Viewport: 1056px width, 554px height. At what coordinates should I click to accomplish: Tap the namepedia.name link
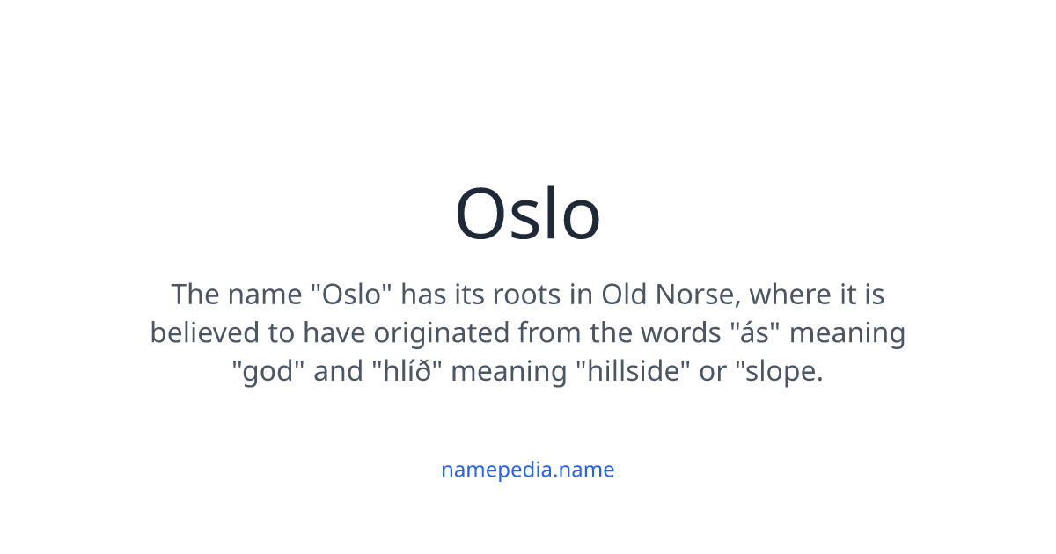[528, 470]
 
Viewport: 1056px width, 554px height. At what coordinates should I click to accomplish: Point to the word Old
[624, 294]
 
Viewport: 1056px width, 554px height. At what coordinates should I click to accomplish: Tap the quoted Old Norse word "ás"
[752, 332]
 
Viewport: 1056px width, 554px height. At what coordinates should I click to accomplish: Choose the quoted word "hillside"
[633, 371]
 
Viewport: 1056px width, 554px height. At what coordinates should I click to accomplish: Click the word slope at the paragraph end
[783, 371]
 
